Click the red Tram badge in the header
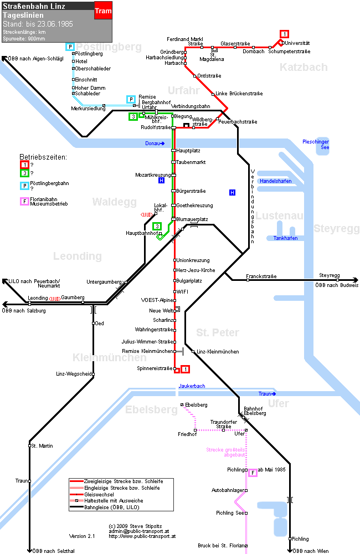pyautogui.click(x=103, y=11)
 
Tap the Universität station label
pyautogui.click(x=297, y=43)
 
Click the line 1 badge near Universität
pyautogui.click(x=284, y=34)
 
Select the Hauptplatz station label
pyautogui.click(x=188, y=151)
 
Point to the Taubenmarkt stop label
pyautogui.click(x=191, y=162)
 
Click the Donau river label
pyautogui.click(x=153, y=143)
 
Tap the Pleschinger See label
pyautogui.click(x=316, y=145)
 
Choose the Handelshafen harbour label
pyautogui.click(x=276, y=181)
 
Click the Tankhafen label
pyautogui.click(x=285, y=238)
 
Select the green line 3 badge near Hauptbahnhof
pyautogui.click(x=157, y=226)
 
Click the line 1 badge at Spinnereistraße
pyautogui.click(x=185, y=369)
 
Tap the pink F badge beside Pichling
pyautogui.click(x=253, y=473)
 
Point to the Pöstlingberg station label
pyautogui.click(x=89, y=54)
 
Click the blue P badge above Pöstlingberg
pyautogui.click(x=70, y=47)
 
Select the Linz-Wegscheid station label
pyautogui.click(x=74, y=374)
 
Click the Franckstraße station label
pyautogui.click(x=261, y=276)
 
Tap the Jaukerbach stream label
pyautogui.click(x=192, y=386)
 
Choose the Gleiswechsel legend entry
pyautogui.click(x=99, y=494)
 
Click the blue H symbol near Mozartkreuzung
pyautogui.click(x=162, y=181)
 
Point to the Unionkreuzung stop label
pyautogui.click(x=193, y=260)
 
